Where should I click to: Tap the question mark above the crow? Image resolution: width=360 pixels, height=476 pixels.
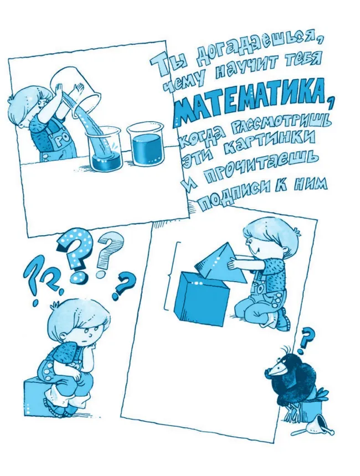pos(306,338)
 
